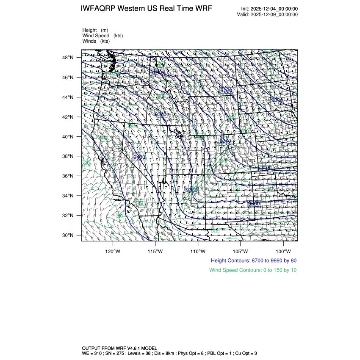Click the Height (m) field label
[x=95, y=30]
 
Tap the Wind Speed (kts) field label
[x=103, y=36]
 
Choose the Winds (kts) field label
[x=96, y=41]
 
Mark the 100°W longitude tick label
[x=283, y=251]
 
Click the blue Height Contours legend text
[x=253, y=260]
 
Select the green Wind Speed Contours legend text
[x=253, y=270]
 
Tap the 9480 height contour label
[x=139, y=157]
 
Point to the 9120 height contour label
[x=226, y=90]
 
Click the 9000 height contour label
[x=277, y=100]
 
